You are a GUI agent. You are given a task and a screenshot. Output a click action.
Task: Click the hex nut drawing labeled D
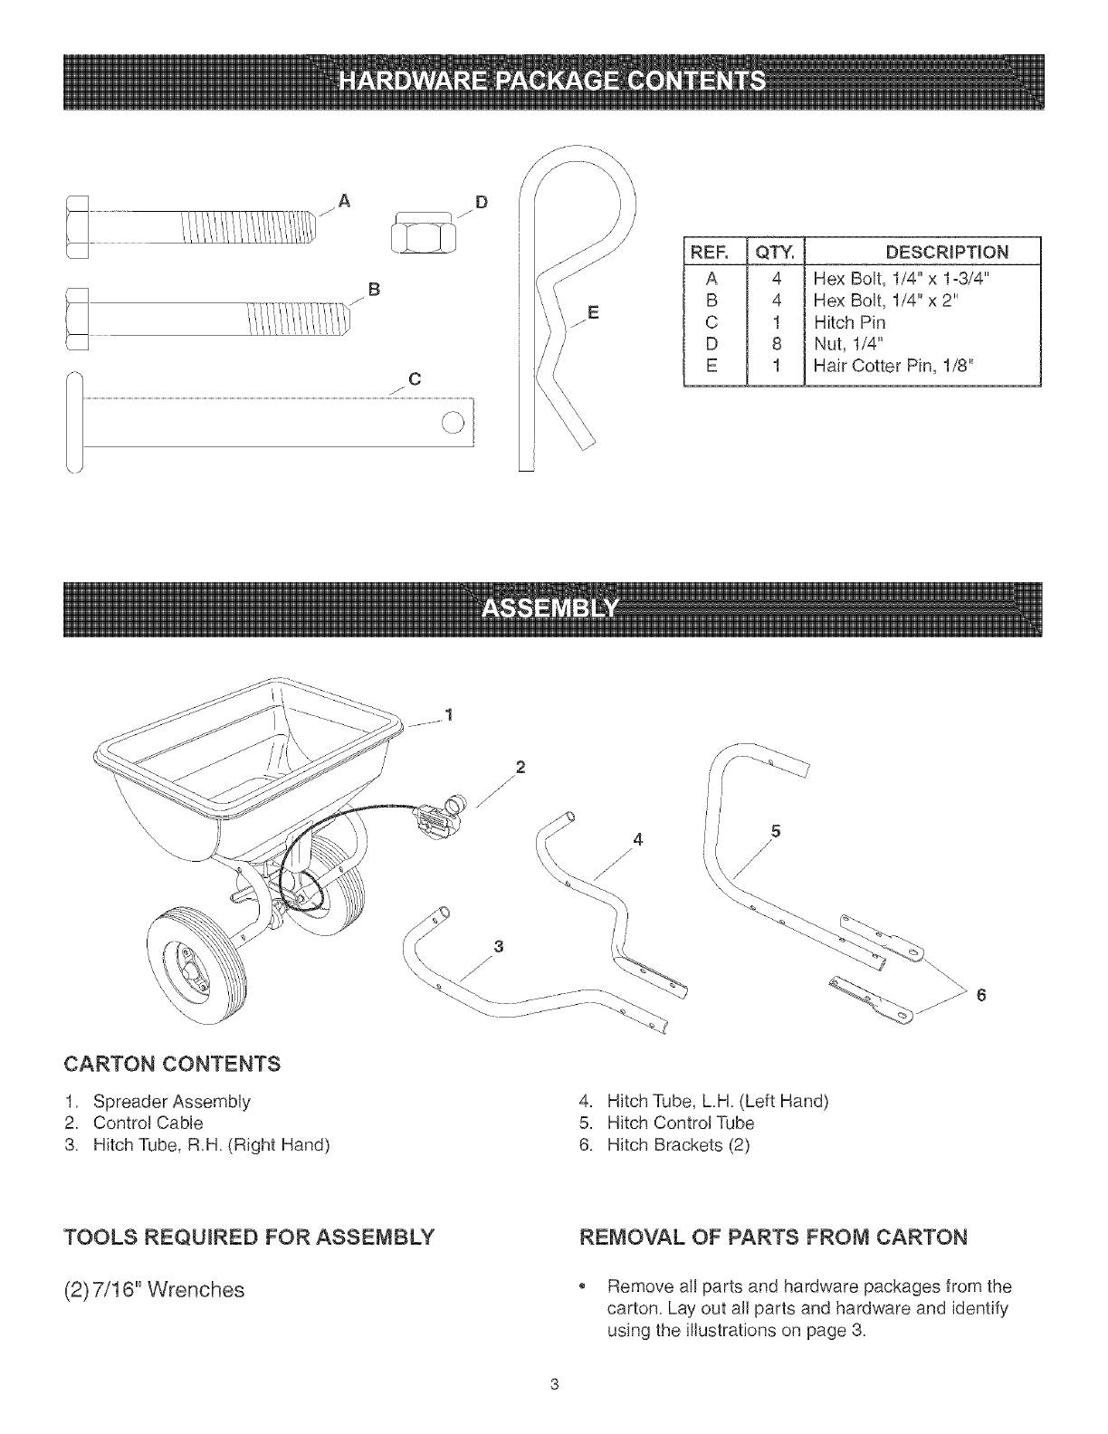422,232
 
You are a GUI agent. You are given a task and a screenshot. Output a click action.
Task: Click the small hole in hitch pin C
452,423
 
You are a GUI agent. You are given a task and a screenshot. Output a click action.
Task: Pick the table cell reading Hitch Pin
849,321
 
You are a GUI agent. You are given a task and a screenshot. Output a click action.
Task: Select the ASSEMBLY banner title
552,608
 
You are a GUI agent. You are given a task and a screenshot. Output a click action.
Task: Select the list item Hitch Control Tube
680,1123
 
